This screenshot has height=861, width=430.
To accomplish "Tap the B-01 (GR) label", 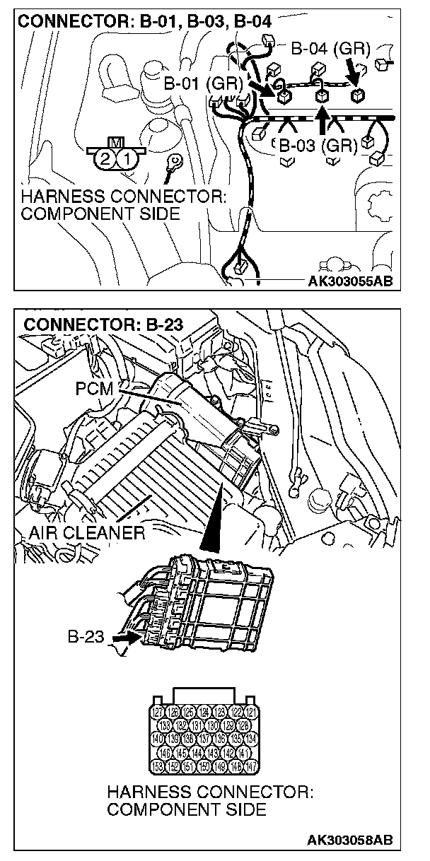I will tap(203, 84).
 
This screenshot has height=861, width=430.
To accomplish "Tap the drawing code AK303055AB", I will tap(349, 281).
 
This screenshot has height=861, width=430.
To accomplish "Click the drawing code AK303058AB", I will tap(349, 840).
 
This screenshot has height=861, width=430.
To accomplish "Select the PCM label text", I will tap(93, 388).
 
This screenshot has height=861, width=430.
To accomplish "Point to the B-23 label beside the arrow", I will tap(86, 637).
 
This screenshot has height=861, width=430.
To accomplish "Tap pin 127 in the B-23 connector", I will tap(158, 713).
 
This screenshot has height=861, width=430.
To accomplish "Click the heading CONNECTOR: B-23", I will tap(103, 325).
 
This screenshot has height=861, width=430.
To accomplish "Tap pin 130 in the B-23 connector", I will tap(213, 725).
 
